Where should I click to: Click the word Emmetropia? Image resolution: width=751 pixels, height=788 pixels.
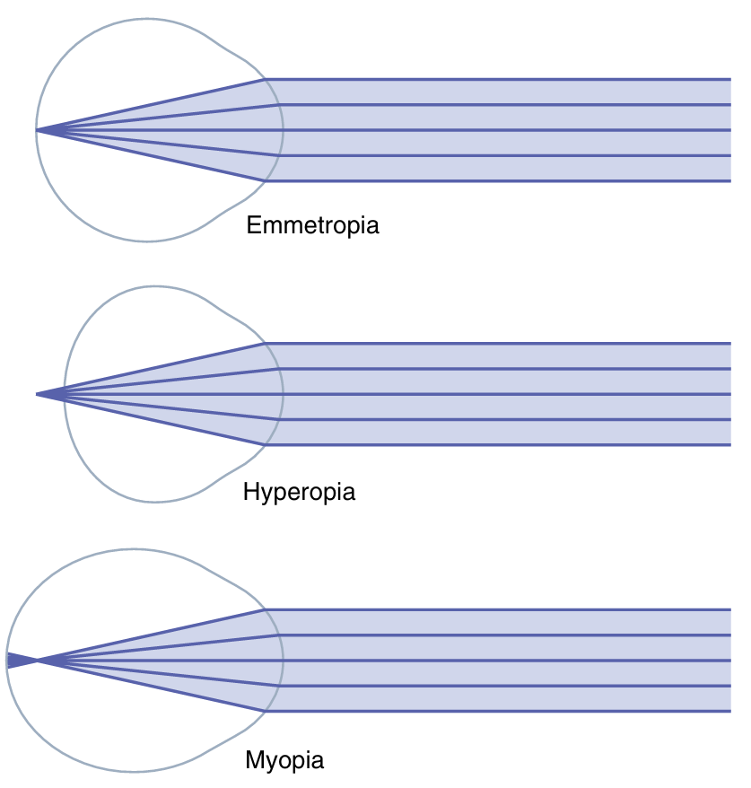[x=312, y=224]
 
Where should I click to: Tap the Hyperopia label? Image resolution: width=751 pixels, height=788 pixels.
[x=299, y=492]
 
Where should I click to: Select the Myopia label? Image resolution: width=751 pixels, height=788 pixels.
[x=284, y=761]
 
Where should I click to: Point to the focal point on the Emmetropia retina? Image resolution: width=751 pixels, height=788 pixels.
[x=37, y=130]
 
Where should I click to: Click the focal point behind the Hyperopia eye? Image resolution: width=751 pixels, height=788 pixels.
[x=38, y=394]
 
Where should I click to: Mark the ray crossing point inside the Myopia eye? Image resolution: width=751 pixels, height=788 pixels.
[x=38, y=661]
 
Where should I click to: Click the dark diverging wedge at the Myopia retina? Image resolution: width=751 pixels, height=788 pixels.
[x=15, y=661]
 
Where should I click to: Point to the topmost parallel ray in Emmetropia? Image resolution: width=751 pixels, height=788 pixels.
[x=502, y=79]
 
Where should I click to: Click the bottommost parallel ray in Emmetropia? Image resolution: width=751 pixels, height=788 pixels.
[x=502, y=181]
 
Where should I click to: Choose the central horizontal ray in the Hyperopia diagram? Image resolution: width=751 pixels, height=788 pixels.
[x=502, y=394]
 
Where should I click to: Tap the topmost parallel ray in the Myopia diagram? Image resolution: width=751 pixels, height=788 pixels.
[x=502, y=609]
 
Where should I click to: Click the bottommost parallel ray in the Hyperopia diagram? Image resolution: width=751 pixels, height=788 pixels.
[x=502, y=445]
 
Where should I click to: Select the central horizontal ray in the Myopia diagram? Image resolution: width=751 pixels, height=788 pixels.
[x=502, y=661]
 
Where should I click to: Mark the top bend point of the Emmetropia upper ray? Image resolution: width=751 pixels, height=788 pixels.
[x=265, y=79]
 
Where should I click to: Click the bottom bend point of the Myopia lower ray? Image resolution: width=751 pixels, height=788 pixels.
[x=265, y=712]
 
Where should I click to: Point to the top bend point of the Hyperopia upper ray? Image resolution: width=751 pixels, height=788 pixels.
[x=265, y=343]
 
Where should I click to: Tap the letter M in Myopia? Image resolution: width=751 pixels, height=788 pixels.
[x=253, y=761]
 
